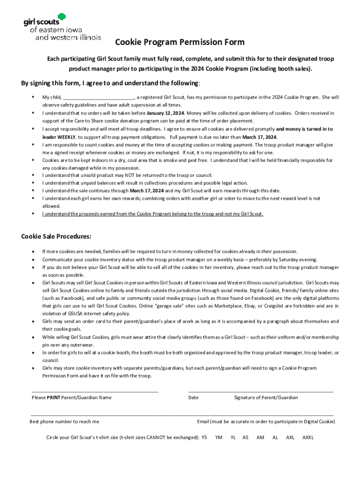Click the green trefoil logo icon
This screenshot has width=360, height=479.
pyautogui.click(x=61, y=17)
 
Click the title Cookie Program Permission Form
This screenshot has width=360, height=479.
pyautogui.click(x=180, y=43)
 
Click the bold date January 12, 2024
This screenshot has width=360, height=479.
pyautogui.click(x=166, y=113)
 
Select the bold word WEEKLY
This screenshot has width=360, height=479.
pyautogui.click(x=66, y=137)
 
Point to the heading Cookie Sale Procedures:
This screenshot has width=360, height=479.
pyautogui.click(x=56, y=236)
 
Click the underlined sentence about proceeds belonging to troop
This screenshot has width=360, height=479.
pyautogui.click(x=153, y=214)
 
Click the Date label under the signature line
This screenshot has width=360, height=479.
pyautogui.click(x=193, y=398)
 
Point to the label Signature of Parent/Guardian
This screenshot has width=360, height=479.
pyautogui.click(x=266, y=398)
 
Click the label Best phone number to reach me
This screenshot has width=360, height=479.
pyautogui.click(x=65, y=421)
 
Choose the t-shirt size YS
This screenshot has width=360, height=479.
pyautogui.click(x=204, y=437)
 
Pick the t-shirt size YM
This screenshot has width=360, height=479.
pyautogui.click(x=218, y=437)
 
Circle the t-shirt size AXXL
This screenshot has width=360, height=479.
pyautogui.click(x=308, y=437)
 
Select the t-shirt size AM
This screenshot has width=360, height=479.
pyautogui.click(x=260, y=437)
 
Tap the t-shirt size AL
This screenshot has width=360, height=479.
pyautogui.click(x=275, y=437)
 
